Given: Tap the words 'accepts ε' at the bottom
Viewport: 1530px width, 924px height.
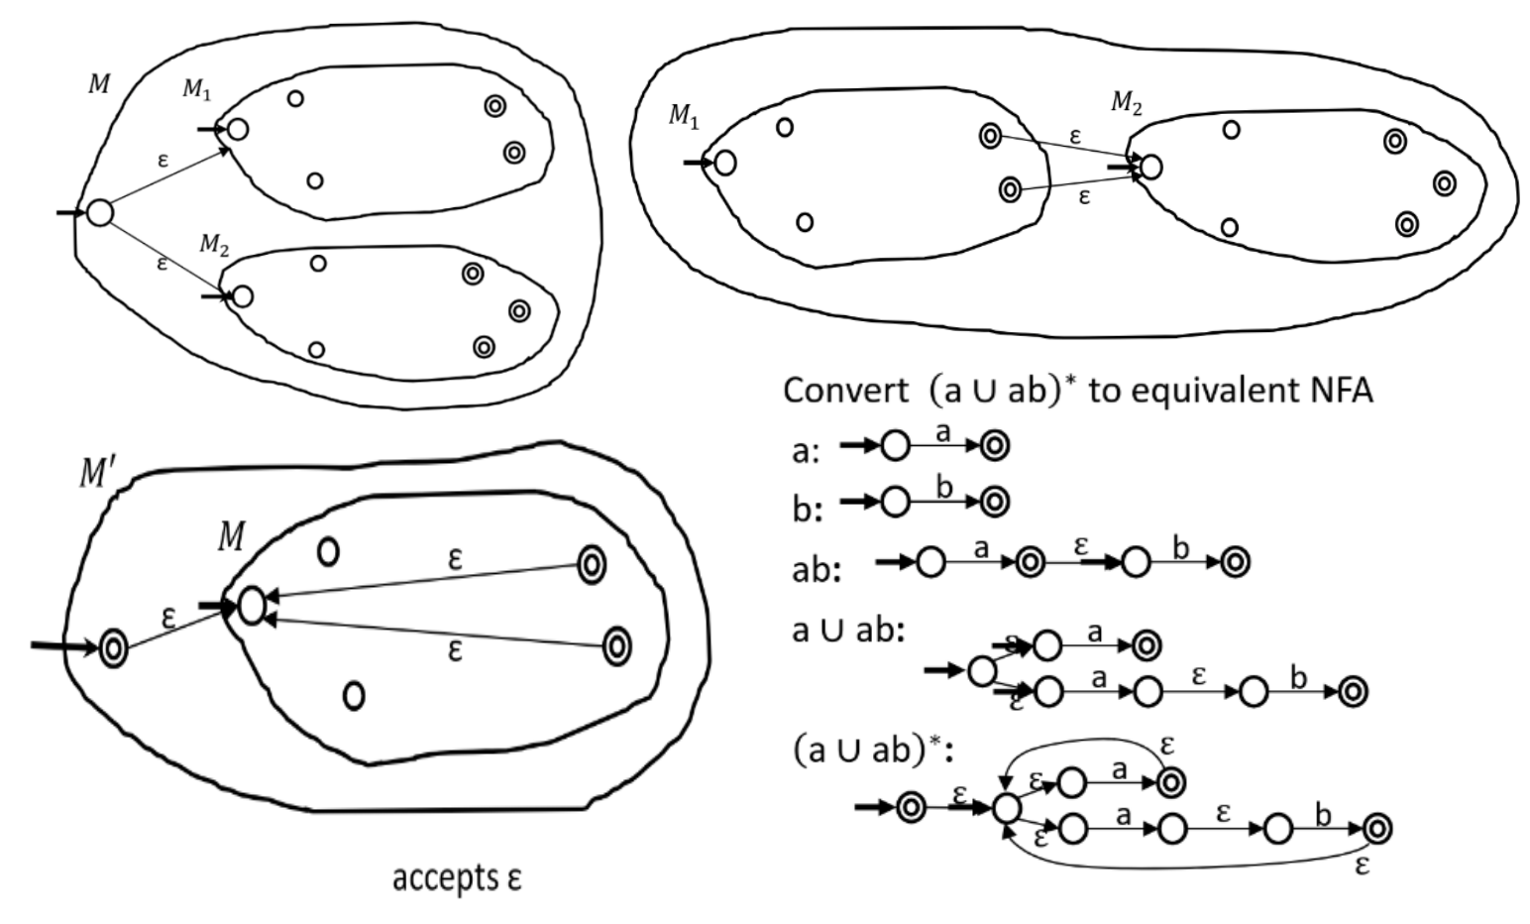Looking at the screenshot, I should click(x=456, y=878).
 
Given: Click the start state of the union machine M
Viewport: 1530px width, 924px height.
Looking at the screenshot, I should click(x=99, y=212).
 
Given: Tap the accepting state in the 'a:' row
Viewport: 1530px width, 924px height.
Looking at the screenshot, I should click(x=995, y=447).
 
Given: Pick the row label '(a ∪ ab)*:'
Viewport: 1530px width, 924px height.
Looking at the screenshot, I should click(x=873, y=751).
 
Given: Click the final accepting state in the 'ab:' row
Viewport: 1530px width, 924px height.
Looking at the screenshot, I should click(x=1235, y=563).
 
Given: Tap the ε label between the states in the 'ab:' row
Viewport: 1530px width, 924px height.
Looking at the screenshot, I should click(x=1081, y=544).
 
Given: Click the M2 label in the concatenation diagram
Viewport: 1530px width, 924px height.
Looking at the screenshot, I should click(x=1126, y=101).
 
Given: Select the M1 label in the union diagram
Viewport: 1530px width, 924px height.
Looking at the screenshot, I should click(x=195, y=89).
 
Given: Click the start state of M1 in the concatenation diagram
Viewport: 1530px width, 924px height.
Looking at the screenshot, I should click(x=724, y=163).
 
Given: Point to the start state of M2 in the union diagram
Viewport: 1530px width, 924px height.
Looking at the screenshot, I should click(x=242, y=296).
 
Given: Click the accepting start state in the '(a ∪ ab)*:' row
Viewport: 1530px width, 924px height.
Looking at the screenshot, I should click(x=910, y=809).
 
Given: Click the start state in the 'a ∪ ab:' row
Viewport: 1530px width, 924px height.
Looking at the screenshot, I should click(x=981, y=671).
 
